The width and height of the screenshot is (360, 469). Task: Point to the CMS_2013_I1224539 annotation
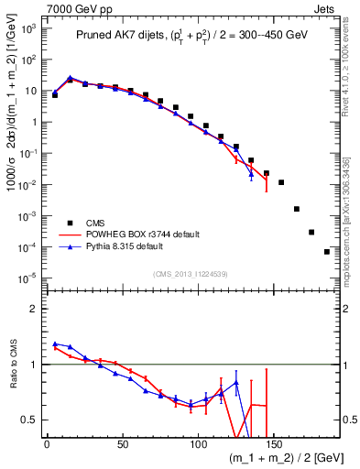(191, 273)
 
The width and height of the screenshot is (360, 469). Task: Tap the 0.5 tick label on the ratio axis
(27, 420)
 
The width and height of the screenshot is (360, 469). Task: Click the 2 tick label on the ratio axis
(31, 309)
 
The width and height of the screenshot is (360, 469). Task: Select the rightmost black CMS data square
(327, 252)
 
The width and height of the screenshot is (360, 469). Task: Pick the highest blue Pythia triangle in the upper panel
(71, 78)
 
